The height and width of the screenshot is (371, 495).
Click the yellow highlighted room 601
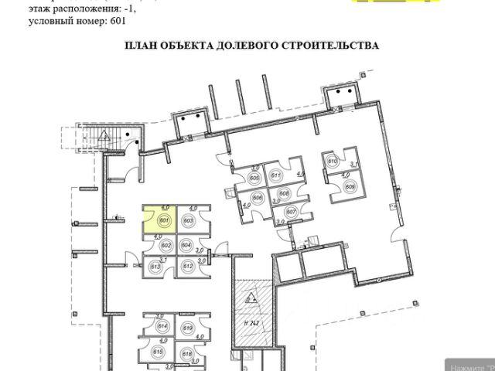[159, 220]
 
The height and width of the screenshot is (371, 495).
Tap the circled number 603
[187, 220]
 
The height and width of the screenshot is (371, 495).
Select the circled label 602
[166, 245]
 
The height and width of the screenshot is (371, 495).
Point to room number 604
[186, 245]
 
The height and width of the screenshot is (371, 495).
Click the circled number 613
[155, 267]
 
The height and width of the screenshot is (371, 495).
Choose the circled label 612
[186, 266]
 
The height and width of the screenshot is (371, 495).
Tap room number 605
[254, 179]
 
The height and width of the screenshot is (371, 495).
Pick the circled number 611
[275, 176]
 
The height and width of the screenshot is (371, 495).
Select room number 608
[284, 193]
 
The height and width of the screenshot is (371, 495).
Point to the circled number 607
[291, 211]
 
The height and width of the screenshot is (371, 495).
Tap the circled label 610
[333, 162]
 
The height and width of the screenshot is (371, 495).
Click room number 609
[350, 186]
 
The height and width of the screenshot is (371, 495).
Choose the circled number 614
[162, 327]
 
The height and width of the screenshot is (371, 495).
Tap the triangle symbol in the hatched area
[250, 298]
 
